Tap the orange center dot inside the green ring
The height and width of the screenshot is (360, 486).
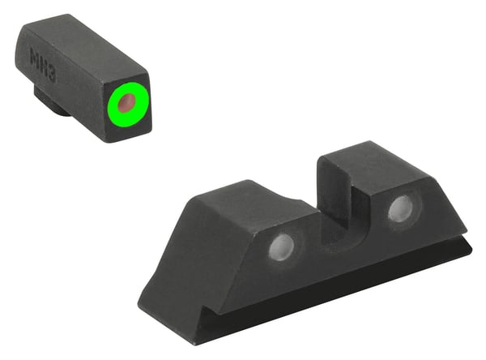coord(126,103)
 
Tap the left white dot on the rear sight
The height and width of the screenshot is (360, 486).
coord(280,247)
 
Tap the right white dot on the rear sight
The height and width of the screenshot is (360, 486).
coord(399,209)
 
